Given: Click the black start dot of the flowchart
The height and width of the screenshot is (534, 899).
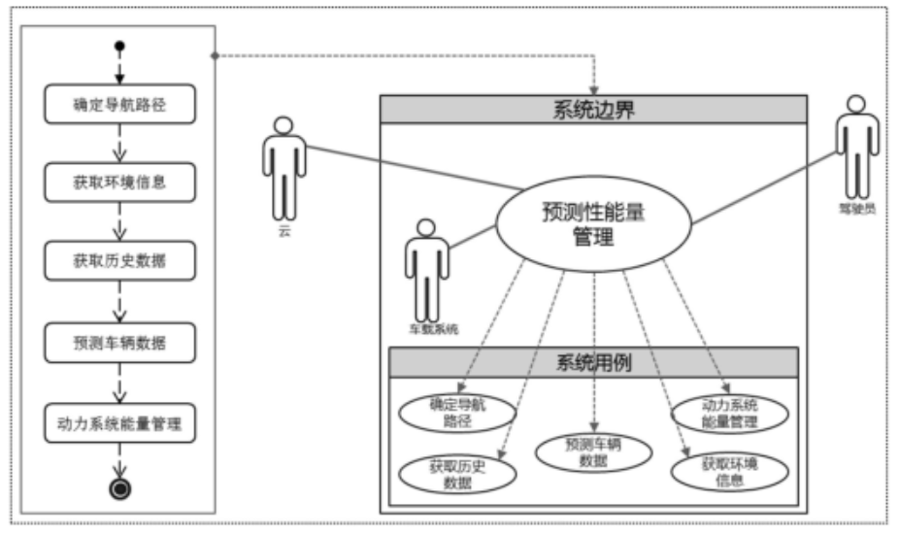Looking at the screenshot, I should (x=119, y=46).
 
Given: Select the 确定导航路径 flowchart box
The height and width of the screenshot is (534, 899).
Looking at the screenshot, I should (x=120, y=105).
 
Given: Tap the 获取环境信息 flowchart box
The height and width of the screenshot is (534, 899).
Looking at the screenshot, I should (x=120, y=182).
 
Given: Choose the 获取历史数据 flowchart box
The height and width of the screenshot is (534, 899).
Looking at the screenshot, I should (x=120, y=261).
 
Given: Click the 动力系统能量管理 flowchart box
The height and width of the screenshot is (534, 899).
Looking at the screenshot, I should (x=120, y=422).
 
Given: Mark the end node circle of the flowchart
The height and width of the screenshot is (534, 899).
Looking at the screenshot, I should (x=120, y=488).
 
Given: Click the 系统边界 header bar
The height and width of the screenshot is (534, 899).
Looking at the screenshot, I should (x=593, y=109).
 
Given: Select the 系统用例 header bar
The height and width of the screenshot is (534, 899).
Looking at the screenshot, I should (x=593, y=363).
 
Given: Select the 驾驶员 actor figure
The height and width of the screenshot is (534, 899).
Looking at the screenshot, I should (x=856, y=146).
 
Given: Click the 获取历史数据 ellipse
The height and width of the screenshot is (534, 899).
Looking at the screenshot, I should (x=457, y=473).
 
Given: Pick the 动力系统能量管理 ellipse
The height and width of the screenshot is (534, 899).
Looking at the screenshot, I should (x=729, y=413).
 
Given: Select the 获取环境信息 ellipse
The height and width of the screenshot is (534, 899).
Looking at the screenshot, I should (x=729, y=471).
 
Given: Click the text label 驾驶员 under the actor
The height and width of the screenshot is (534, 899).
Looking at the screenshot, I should (x=856, y=208).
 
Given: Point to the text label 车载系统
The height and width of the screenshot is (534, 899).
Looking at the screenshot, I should (x=433, y=329).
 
